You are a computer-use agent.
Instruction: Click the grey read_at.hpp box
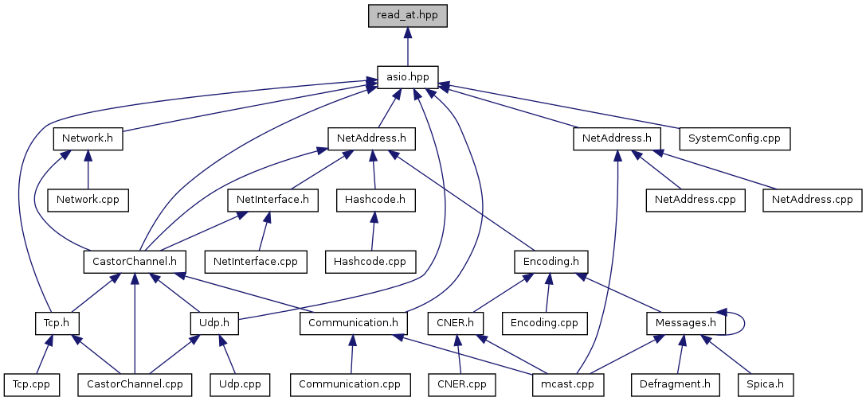point(407,14)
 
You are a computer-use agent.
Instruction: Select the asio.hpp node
point(407,77)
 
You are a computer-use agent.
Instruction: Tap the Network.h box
point(88,138)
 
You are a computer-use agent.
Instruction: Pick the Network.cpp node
point(87,198)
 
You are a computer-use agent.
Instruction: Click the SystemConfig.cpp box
point(734,138)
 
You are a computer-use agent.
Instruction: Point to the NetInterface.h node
point(273,200)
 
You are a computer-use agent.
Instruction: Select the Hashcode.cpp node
point(370,260)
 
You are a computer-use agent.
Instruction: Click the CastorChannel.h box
point(135,260)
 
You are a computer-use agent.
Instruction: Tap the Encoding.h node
point(551,260)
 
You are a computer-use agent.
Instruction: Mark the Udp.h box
point(215,322)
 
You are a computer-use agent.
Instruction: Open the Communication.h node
point(354,322)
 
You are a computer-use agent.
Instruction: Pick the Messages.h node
point(685,322)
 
